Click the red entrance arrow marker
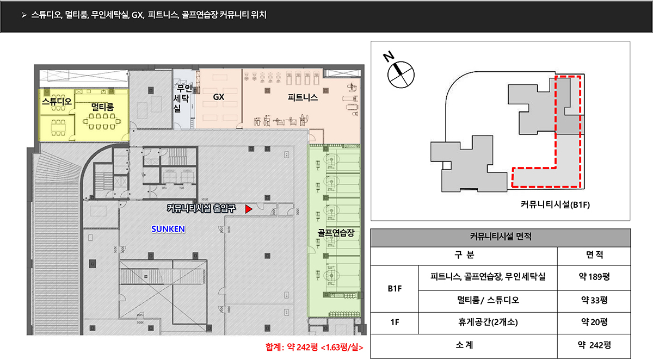click(x=248, y=209)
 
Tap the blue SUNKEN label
click(x=168, y=229)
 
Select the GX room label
click(x=219, y=97)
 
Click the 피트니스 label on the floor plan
click(x=303, y=97)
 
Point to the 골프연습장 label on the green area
click(x=336, y=233)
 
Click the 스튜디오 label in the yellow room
click(x=57, y=101)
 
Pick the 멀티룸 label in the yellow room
click(x=102, y=107)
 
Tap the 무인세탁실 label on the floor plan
click(x=182, y=98)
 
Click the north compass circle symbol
click(x=401, y=75)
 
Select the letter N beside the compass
click(x=389, y=56)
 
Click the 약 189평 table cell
click(x=594, y=276)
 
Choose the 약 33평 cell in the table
click(x=594, y=300)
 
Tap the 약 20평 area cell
click(x=594, y=322)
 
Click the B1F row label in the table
click(x=395, y=288)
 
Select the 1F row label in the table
click(x=395, y=322)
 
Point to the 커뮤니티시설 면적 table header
click(x=501, y=236)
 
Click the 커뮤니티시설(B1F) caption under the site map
click(x=555, y=204)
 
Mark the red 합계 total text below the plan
click(x=315, y=347)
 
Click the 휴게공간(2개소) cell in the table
click(x=488, y=322)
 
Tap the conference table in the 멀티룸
click(x=102, y=121)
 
